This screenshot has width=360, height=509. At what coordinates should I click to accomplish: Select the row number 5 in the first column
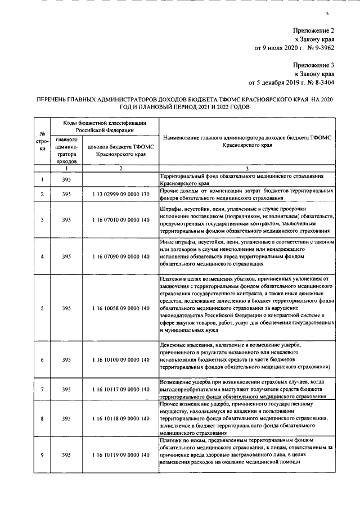(x=43, y=308)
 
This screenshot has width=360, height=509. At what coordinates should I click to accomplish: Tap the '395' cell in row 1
(x=67, y=180)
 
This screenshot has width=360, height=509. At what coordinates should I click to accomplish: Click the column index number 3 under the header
(x=248, y=169)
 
